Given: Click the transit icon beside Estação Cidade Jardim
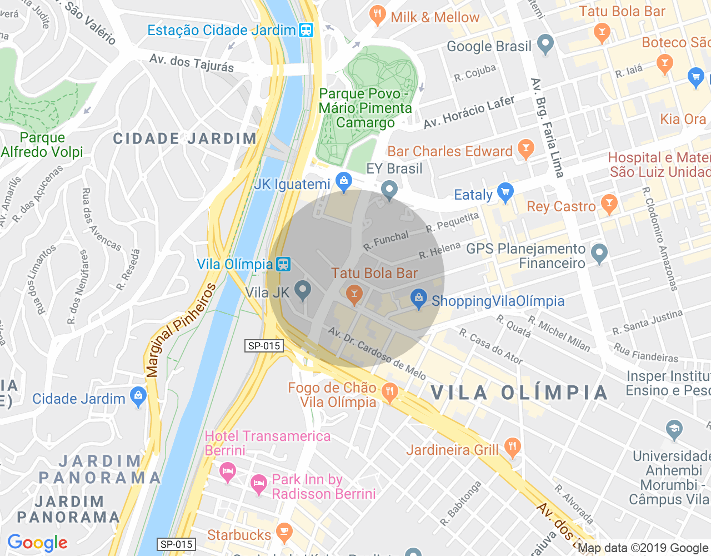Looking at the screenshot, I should (306, 30).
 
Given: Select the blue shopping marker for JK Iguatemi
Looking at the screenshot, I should (344, 181).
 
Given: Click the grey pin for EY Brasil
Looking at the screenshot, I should (389, 189).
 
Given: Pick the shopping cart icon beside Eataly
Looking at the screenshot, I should (505, 192).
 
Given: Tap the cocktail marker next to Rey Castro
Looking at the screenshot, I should (609, 203).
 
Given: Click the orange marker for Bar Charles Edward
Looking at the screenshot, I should (525, 148).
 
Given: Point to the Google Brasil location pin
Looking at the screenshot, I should (545, 44).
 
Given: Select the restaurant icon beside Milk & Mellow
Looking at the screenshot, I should (378, 15).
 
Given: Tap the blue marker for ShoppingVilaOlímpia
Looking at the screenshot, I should (419, 299).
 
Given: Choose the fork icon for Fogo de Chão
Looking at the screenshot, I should (390, 392).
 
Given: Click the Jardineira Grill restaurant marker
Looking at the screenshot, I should (512, 447).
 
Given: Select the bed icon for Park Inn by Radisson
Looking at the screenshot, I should (258, 484).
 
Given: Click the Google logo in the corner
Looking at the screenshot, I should (38, 543).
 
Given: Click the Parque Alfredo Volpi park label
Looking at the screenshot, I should (42, 145).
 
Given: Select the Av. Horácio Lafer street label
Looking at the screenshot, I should (469, 112).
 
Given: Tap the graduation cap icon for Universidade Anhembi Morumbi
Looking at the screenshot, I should (674, 429).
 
